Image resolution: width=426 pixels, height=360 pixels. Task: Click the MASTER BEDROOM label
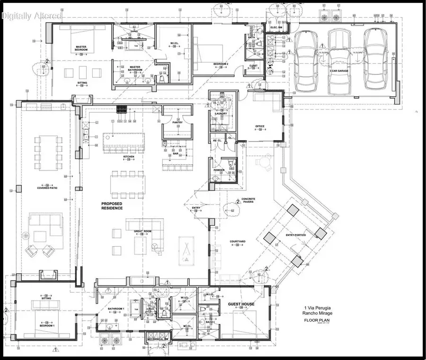click(81, 48)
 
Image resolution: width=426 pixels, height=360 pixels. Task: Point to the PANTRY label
click(177, 123)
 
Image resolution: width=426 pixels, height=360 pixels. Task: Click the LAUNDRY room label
click(221, 114)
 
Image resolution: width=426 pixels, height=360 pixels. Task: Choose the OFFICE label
click(259, 126)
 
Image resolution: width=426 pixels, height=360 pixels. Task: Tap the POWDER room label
click(219, 170)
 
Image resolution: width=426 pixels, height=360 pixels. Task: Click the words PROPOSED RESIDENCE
click(112, 206)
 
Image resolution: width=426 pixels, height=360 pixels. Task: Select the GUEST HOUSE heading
click(241, 304)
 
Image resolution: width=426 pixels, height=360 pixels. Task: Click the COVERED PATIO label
click(47, 188)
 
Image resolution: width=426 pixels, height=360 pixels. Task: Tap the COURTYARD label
click(237, 242)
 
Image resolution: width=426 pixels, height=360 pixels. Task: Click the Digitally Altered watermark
click(31, 16)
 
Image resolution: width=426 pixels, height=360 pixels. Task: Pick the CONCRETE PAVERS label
click(248, 201)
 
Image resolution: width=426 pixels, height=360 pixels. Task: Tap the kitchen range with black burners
click(123, 109)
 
